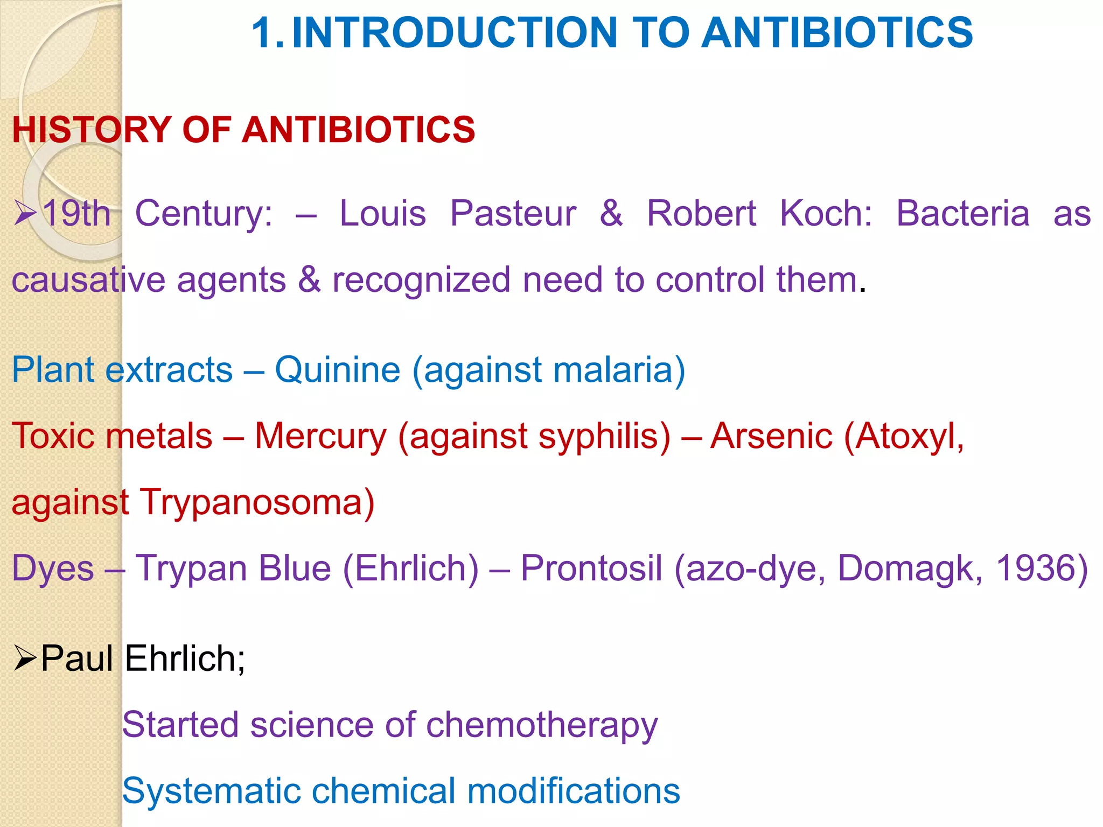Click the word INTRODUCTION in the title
pos(454,33)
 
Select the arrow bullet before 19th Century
pos(25,213)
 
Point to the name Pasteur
pos(513,214)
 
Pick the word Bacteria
pos(962,214)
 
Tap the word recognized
pos(421,281)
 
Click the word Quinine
pos(338,370)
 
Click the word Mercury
pos(320,436)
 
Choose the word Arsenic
pos(771,436)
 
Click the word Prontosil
pos(591,568)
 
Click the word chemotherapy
pos(542,725)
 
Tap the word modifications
pos(573,791)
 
